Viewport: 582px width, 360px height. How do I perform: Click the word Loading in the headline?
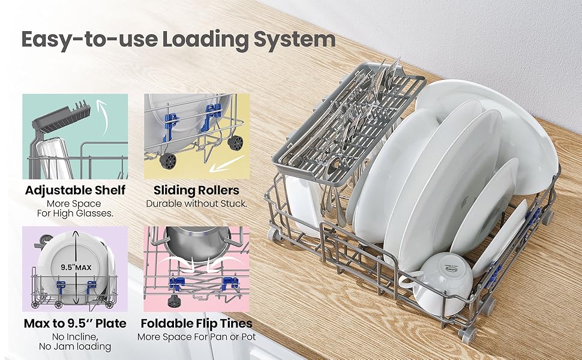click(205, 40)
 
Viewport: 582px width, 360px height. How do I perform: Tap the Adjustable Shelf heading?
click(75, 190)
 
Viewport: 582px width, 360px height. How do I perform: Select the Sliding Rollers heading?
click(196, 190)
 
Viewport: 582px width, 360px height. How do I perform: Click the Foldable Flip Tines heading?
click(196, 323)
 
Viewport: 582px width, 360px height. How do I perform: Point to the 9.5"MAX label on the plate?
click(76, 268)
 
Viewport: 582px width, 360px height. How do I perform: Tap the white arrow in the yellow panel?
click(227, 164)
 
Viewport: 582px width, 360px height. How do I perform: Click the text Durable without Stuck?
click(196, 204)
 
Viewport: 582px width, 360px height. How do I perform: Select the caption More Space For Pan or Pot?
click(196, 337)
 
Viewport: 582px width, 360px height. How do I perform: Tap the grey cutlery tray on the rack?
click(349, 122)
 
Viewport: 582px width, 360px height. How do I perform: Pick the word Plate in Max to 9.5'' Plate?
click(110, 323)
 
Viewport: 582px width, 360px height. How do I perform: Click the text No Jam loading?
click(75, 347)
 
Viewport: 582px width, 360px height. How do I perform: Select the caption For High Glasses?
click(75, 214)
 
